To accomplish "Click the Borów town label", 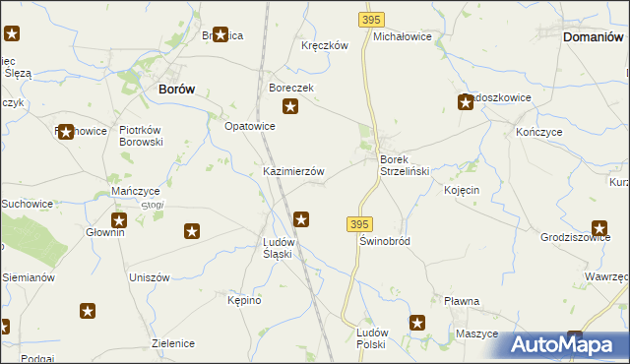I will pos(176,88).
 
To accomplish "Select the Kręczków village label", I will pos(325,45).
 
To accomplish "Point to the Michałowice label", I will pos(403,35).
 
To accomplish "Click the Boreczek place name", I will pos(290,88).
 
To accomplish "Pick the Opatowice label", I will pos(250,126).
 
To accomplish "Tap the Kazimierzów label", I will pos(293,171).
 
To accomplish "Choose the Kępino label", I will pos(244,300).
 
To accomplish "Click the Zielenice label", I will pos(173,343).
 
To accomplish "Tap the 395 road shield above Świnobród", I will pos(359,225).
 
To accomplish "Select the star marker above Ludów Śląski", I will pos(302,220).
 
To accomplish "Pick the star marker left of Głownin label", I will pos(119,221).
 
